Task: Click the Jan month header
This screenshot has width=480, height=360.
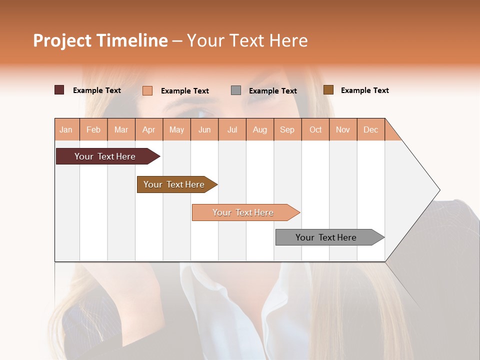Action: pyautogui.click(x=66, y=129)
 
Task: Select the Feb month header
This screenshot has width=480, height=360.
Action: pyautogui.click(x=93, y=129)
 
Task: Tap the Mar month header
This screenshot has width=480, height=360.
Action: pyautogui.click(x=121, y=129)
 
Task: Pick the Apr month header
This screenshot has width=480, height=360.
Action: pyautogui.click(x=149, y=129)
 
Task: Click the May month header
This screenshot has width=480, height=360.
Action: pyautogui.click(x=176, y=129)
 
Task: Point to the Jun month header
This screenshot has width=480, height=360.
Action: pyautogui.click(x=204, y=129)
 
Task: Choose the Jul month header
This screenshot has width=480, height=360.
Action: pyautogui.click(x=232, y=129)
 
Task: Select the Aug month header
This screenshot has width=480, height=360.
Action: pyautogui.click(x=260, y=129)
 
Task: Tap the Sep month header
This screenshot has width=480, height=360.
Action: pyautogui.click(x=287, y=129)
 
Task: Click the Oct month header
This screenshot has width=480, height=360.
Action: pyautogui.click(x=315, y=129)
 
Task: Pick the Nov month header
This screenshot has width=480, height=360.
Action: pyautogui.click(x=343, y=129)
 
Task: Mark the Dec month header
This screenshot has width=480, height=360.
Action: pyautogui.click(x=371, y=129)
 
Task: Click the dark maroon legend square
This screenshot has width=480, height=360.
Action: pyautogui.click(x=59, y=90)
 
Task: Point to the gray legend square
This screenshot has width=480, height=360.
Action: pyautogui.click(x=236, y=90)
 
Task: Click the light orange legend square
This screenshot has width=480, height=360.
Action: pyautogui.click(x=147, y=90)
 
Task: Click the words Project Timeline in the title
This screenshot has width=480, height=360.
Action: pyautogui.click(x=100, y=40)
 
